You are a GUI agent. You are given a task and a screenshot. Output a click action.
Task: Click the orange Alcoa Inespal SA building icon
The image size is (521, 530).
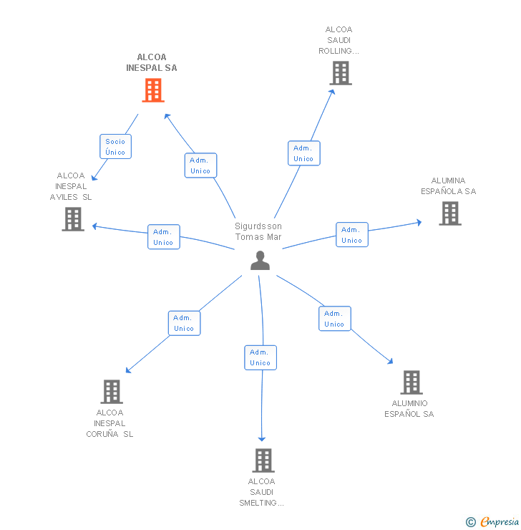click(152, 90)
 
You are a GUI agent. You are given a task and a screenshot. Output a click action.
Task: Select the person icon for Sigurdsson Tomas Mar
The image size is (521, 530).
click(260, 261)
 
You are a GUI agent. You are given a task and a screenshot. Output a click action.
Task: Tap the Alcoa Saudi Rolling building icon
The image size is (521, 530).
click(340, 73)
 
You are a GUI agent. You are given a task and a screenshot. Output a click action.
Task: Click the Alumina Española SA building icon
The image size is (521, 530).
click(449, 213)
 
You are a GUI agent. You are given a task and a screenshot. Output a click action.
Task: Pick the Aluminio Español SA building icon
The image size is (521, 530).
click(411, 382)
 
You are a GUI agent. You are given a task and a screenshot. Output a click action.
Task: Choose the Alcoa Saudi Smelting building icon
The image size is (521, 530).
click(263, 461)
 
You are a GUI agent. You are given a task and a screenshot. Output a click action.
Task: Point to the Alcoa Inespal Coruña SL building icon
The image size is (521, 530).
click(112, 392)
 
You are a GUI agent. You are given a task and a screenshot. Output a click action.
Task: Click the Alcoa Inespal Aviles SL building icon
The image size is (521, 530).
click(73, 219)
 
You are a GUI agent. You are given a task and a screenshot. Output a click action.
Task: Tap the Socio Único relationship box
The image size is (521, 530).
click(115, 147)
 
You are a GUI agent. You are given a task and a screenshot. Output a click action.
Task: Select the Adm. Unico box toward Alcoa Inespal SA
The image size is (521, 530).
click(200, 165)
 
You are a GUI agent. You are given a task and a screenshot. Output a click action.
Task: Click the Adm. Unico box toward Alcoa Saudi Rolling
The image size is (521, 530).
click(303, 153)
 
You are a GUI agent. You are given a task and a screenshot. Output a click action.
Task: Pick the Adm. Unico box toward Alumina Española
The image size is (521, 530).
click(351, 235)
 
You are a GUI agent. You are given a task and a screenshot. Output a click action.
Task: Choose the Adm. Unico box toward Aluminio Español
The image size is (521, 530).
click(334, 319)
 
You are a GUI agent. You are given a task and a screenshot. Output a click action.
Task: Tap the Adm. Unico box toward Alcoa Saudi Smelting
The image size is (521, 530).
click(260, 357)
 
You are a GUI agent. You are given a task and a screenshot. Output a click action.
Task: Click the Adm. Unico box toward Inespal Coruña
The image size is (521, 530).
click(184, 323)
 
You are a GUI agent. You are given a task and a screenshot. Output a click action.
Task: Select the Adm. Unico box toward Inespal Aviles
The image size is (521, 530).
click(163, 237)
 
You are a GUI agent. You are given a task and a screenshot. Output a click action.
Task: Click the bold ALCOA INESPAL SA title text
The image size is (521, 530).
click(152, 62)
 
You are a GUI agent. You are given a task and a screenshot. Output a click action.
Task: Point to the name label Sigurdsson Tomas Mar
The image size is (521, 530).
click(258, 231)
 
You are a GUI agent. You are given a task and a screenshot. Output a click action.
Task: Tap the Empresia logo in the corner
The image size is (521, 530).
click(492, 522)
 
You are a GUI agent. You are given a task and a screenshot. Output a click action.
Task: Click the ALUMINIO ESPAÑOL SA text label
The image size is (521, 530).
click(409, 409)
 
